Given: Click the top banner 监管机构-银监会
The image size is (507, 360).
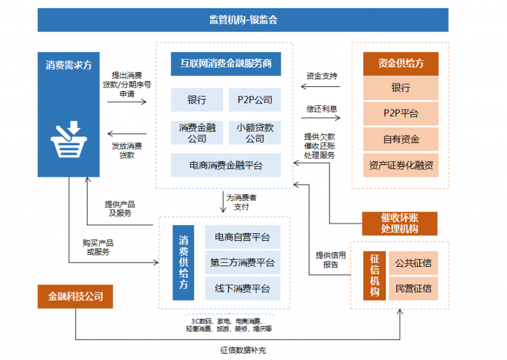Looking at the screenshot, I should [x=243, y=20].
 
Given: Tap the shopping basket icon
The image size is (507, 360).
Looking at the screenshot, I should [x=68, y=139].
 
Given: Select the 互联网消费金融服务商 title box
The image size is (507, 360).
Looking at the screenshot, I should [x=226, y=63].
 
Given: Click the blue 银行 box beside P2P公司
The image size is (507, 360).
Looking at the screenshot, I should [x=196, y=100].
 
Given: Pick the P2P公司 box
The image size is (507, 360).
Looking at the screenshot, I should [x=255, y=100].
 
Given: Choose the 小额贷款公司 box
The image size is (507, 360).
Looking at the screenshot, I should [x=255, y=132].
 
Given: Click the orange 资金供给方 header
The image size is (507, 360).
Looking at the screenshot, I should [x=401, y=63].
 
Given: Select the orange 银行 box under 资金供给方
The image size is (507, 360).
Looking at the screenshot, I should [x=401, y=87].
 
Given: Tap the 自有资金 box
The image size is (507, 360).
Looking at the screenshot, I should [x=401, y=139].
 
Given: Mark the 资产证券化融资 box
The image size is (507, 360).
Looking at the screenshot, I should [x=401, y=165].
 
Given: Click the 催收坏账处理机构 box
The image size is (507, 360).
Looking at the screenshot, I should [x=399, y=223].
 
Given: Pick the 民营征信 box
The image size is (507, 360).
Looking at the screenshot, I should [x=413, y=288].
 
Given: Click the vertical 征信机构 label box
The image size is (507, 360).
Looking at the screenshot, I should [x=375, y=276].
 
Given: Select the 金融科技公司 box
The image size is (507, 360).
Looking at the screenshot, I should [x=75, y=296].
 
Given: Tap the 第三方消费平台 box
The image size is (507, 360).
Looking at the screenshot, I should [x=242, y=262].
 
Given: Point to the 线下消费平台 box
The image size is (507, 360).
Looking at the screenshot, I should [x=242, y=288].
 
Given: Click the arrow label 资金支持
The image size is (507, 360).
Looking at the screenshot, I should [x=322, y=76].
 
